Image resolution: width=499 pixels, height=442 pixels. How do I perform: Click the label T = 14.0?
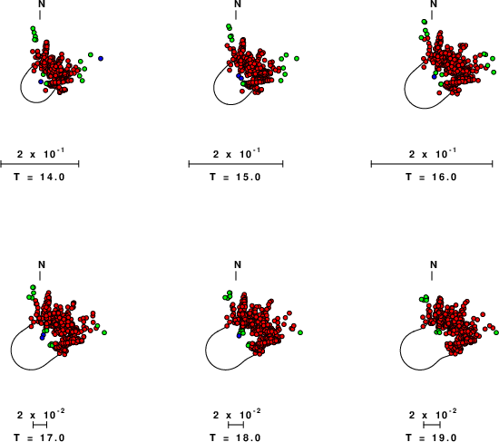39,177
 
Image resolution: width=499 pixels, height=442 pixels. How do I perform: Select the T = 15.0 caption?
236,177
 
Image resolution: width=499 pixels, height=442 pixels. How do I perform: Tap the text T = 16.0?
432,177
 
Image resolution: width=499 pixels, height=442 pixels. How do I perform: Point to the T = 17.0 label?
39,437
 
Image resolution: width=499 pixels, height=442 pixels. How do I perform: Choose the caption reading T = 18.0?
236,437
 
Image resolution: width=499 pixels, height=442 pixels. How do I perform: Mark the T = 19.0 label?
432,437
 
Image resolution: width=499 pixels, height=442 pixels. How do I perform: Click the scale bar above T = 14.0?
40,164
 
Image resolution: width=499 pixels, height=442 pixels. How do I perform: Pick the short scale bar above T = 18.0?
236,425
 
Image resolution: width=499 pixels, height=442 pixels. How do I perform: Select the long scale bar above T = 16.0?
432,164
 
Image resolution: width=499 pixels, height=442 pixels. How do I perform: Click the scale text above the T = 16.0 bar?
432,153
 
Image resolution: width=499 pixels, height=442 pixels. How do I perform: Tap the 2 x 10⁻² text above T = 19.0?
432,414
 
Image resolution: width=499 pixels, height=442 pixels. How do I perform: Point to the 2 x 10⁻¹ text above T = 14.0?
41,153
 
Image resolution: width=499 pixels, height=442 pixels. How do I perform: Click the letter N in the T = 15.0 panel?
238,4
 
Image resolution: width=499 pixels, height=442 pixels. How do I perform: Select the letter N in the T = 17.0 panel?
42,264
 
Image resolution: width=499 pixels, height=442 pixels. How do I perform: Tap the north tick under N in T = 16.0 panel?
432,14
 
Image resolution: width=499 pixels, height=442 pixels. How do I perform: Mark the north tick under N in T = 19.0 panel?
432,276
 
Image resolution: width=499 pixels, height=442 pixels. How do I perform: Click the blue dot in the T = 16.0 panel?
434,77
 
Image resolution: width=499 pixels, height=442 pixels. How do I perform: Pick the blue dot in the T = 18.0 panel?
240,335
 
